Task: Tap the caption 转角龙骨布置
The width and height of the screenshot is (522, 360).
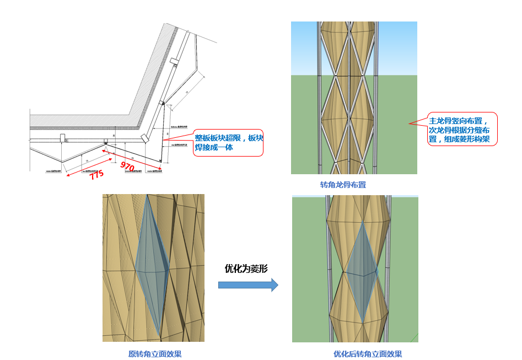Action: point(343,185)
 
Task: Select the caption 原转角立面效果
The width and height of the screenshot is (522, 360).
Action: point(155,354)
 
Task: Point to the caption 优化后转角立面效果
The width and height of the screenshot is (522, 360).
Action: point(368,354)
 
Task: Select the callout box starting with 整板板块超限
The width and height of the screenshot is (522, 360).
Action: point(228,143)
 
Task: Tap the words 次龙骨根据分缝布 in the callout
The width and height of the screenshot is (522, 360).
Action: point(459,130)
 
